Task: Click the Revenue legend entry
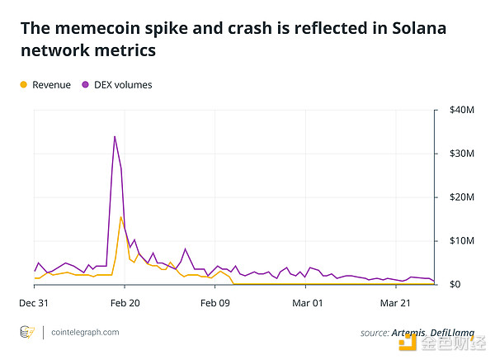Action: click(51, 84)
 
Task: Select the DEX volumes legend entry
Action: click(122, 84)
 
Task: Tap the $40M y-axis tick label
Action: click(460, 110)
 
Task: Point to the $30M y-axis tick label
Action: click(460, 154)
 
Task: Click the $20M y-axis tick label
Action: click(460, 197)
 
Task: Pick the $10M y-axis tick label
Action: click(460, 241)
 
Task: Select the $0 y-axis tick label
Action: click(455, 285)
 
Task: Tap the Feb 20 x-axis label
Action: click(125, 303)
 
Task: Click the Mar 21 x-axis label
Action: click(396, 303)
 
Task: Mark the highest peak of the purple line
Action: click(115, 136)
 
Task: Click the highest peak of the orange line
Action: click(121, 217)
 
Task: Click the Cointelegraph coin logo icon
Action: click(28, 332)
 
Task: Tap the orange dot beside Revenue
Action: click(23, 84)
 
